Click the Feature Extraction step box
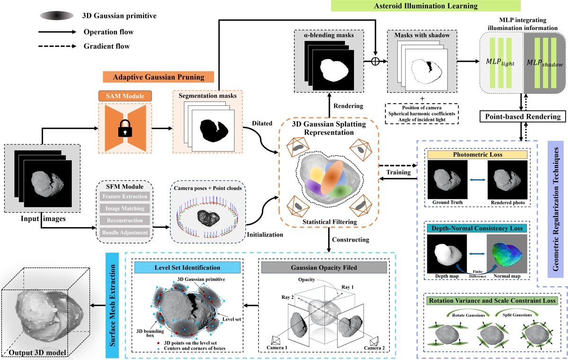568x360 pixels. click(x=125, y=196)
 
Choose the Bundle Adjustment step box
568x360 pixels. click(x=125, y=232)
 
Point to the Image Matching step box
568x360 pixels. click(x=125, y=208)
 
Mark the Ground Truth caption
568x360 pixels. click(x=448, y=202)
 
